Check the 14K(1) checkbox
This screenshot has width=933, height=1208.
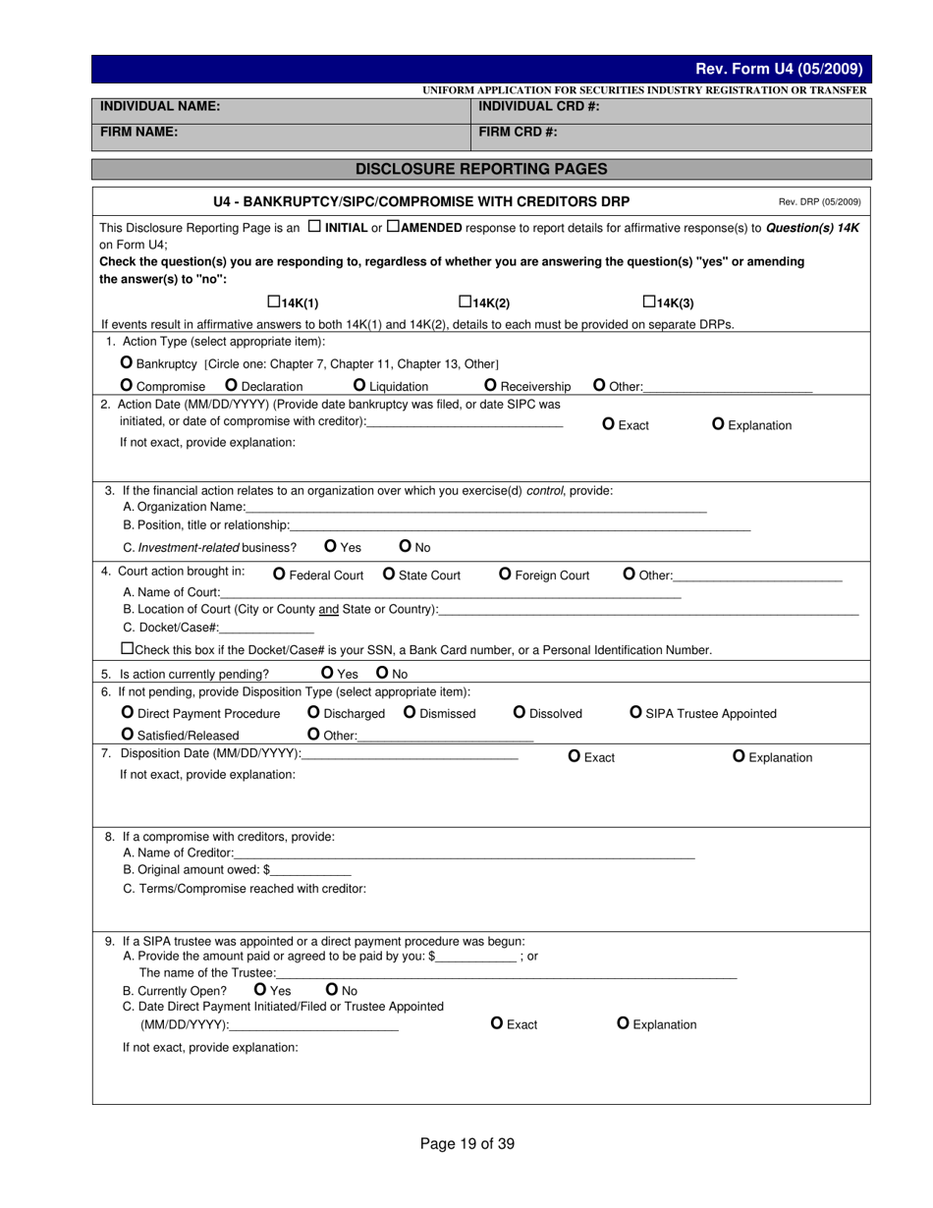pos(274,302)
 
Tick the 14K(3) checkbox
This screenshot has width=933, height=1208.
pos(649,302)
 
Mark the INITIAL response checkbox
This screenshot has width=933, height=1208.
pos(313,226)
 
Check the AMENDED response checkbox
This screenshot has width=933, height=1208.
pos(393,226)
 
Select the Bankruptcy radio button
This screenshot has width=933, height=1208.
pos(127,362)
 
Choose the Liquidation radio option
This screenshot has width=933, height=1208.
pos(359,385)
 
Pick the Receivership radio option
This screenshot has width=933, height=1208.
pos(491,385)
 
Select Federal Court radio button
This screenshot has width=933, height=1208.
pos(279,574)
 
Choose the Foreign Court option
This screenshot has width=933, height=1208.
pos(506,574)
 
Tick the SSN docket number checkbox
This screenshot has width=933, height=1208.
pos(126,649)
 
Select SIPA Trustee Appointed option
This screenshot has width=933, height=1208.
pos(635,712)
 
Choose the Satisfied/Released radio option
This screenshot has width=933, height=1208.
pos(128,734)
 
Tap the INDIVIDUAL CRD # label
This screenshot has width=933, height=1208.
pos(539,106)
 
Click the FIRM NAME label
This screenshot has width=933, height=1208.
pos(138,132)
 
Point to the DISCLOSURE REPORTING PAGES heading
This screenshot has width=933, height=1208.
pos(481,169)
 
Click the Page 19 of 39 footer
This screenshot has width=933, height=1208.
pos(467,1143)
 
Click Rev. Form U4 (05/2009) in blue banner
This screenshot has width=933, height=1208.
pos(779,69)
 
